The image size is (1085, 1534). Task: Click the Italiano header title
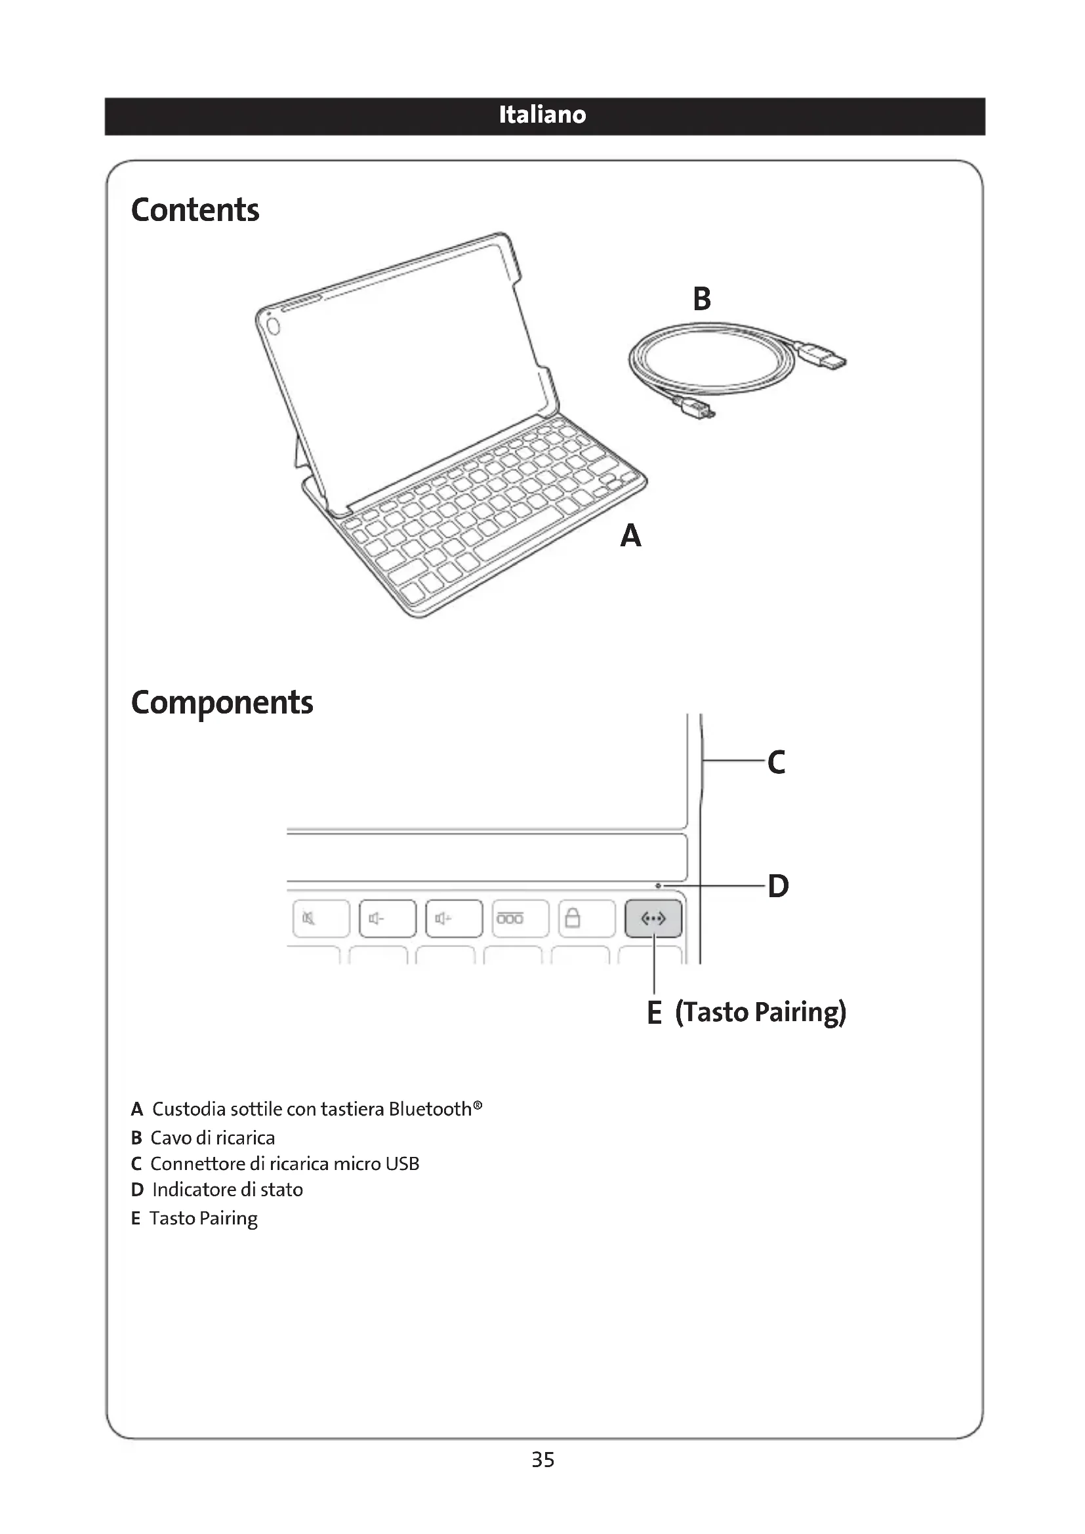pos(542,115)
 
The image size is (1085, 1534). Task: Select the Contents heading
pos(195,210)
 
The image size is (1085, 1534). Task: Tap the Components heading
pos(222,702)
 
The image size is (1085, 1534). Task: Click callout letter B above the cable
pos(701,298)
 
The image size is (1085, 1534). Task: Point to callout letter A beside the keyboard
pos(630,536)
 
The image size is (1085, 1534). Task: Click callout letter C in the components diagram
pos(776,762)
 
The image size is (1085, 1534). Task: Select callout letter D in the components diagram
pos(779,887)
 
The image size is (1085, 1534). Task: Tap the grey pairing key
pos(653,919)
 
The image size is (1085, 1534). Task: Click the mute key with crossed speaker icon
pos(321,919)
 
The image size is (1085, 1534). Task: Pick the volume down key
pos(388,919)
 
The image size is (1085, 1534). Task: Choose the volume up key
pos(454,919)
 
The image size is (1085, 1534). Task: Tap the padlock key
pos(586,919)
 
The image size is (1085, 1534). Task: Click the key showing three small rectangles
pos(520,919)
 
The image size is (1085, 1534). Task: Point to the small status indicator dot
pos(658,886)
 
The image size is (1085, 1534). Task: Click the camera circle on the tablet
pos(273,326)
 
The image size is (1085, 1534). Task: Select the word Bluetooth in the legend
pos(430,1109)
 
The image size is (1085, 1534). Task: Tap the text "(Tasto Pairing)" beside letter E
pos(760,1012)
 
